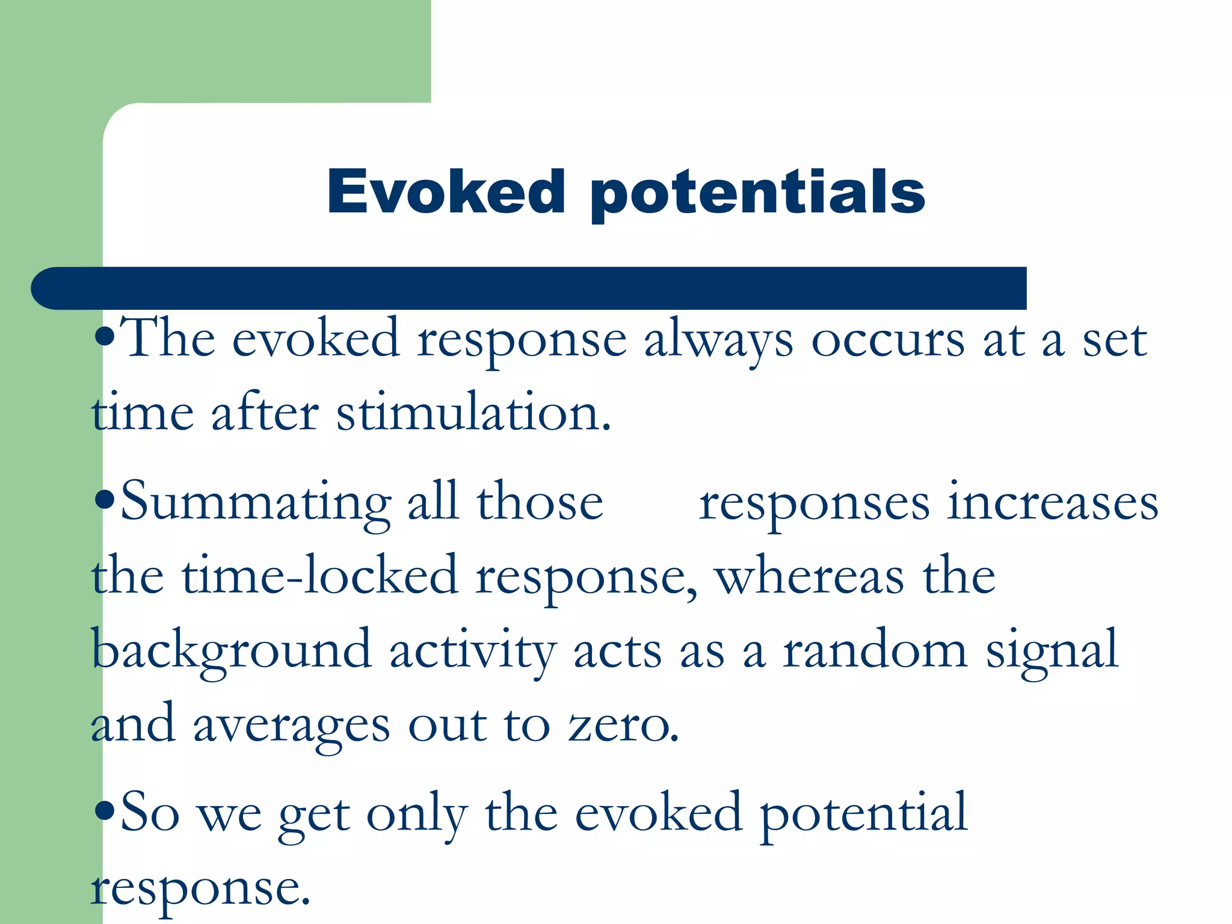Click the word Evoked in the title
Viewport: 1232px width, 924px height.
point(446,191)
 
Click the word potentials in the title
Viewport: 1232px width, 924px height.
point(757,194)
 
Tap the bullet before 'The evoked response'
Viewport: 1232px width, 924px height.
point(105,337)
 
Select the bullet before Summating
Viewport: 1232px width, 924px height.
point(105,500)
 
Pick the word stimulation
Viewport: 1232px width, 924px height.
point(473,413)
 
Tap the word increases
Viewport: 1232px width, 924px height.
point(1052,503)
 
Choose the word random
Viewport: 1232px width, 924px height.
point(875,650)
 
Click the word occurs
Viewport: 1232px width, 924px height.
point(887,340)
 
